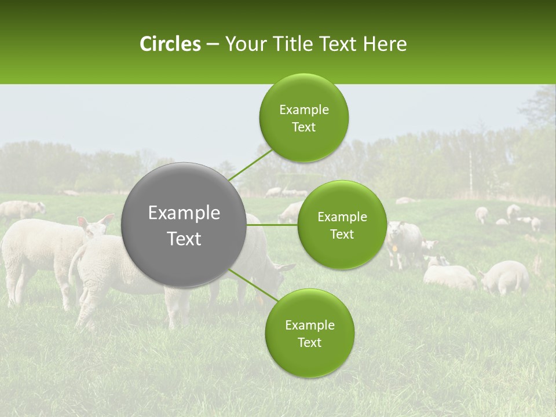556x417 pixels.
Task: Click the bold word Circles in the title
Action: (170, 44)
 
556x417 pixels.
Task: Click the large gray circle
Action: (184, 225)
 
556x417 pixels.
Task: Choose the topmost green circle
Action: (303, 118)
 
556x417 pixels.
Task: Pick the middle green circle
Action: (342, 225)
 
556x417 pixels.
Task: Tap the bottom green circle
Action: (309, 333)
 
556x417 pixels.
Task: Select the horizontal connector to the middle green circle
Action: (272, 225)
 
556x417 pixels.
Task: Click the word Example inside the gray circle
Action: (184, 213)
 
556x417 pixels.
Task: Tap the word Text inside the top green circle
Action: (303, 127)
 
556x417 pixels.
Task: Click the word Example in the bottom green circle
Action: (309, 325)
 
